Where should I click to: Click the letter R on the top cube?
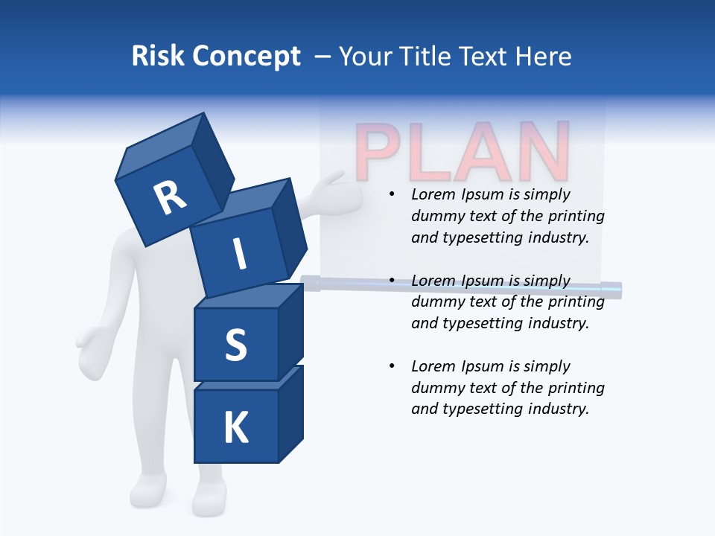(x=170, y=198)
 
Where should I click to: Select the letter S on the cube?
(x=235, y=345)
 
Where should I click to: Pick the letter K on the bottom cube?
(x=235, y=428)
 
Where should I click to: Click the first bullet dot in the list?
(x=392, y=195)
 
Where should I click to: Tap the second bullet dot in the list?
(x=392, y=281)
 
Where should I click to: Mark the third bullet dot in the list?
(x=392, y=367)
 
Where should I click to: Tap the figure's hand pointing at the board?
(x=328, y=183)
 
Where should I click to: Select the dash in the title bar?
(x=323, y=57)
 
